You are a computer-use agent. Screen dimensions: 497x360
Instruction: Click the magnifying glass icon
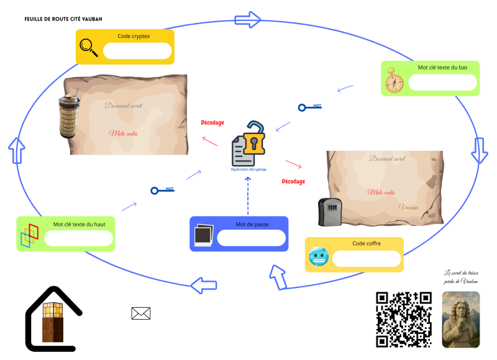89,48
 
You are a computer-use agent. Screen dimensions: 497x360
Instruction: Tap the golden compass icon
393,80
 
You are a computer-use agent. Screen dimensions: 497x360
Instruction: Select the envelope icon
141,313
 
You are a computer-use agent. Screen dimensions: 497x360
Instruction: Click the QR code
404,319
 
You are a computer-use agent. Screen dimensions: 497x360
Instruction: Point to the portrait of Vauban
460,319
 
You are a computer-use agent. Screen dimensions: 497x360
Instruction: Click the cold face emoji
318,256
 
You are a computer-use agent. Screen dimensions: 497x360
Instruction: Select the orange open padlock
254,138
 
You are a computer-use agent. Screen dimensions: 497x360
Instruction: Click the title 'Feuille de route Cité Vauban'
63,19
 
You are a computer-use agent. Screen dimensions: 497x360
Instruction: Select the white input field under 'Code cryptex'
137,50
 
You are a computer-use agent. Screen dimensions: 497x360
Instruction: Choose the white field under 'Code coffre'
367,258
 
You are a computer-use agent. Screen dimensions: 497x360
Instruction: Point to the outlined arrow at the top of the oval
248,19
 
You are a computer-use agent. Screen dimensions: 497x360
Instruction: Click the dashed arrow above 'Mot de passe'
248,195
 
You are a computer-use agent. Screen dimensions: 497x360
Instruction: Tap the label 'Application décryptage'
248,169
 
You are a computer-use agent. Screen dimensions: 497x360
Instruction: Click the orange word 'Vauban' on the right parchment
408,207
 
